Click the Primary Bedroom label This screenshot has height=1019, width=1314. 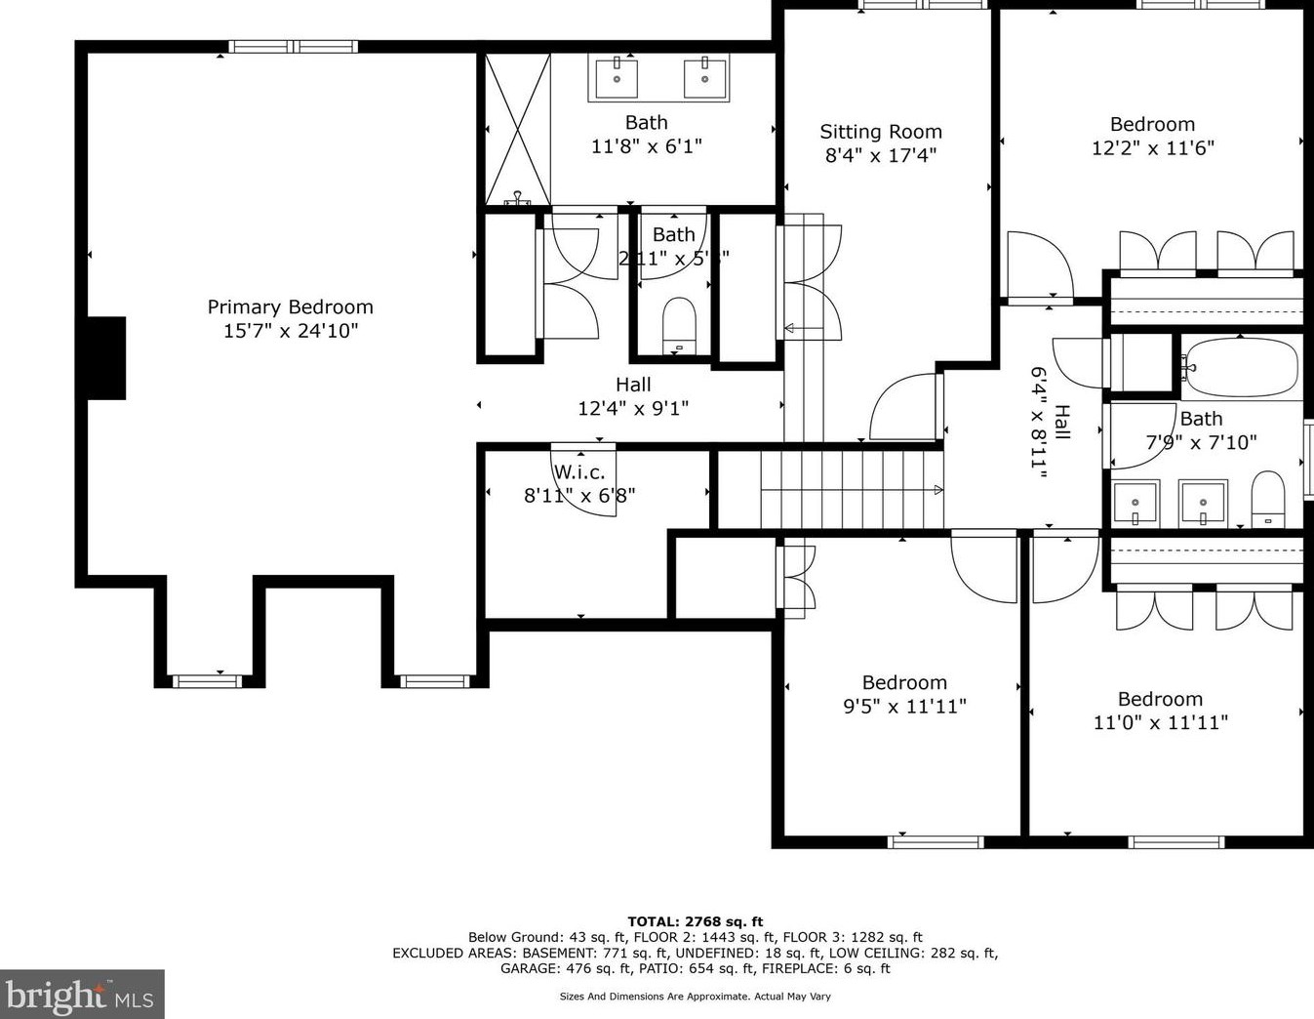[290, 307]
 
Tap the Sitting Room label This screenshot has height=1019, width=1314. [881, 132]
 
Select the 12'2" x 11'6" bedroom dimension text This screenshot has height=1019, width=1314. [1152, 148]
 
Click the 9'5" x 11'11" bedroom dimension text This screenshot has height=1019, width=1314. [904, 707]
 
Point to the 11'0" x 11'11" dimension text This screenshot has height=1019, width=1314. [1160, 723]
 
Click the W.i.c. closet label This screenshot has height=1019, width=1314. [579, 472]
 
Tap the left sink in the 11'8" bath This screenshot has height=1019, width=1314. [617, 76]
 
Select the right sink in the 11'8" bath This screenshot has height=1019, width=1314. [705, 76]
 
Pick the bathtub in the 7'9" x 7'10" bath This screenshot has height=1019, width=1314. [1240, 367]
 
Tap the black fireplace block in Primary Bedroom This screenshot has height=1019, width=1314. [105, 357]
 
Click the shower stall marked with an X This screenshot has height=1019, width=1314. [518, 129]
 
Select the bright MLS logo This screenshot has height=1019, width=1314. [82, 995]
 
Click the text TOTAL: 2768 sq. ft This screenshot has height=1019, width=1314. [695, 921]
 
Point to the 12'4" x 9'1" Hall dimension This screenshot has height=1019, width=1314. [633, 409]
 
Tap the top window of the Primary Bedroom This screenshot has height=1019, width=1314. [293, 46]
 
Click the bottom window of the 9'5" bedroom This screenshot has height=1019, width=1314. [936, 841]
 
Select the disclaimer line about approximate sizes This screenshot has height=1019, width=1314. [695, 997]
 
